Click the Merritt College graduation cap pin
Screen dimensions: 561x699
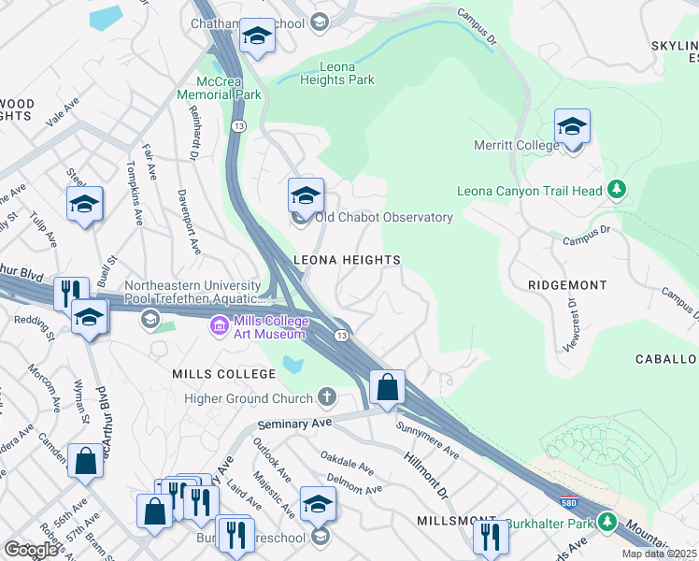tap(572, 127)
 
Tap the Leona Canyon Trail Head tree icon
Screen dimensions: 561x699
tap(616, 191)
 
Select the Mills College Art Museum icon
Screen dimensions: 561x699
tap(220, 326)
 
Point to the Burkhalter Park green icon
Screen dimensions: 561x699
tap(607, 522)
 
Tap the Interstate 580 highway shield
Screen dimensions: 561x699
tap(569, 502)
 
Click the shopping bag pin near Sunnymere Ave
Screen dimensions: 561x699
tap(387, 387)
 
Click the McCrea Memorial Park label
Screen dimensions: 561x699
tap(221, 88)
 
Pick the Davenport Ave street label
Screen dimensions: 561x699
tap(189, 223)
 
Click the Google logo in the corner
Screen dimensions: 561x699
tap(32, 549)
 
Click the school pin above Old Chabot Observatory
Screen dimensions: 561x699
tap(306, 196)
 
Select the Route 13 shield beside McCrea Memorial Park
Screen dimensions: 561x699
tap(240, 125)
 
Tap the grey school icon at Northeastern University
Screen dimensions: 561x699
tap(149, 321)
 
